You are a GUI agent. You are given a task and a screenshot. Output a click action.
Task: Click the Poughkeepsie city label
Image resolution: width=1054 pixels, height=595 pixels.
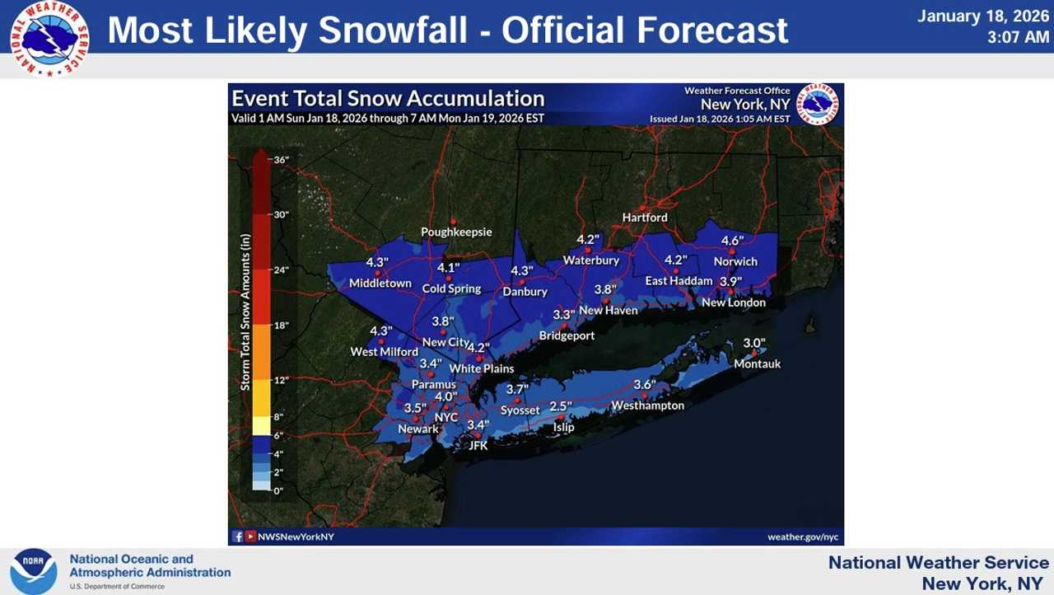tap(456, 232)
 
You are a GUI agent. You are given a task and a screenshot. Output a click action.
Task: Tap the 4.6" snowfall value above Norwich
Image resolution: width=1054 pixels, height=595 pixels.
tap(732, 241)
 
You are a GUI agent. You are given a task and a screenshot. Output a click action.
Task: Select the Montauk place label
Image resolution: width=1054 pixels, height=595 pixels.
tap(757, 363)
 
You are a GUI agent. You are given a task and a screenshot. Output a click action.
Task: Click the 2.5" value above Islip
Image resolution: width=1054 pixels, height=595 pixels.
tap(560, 406)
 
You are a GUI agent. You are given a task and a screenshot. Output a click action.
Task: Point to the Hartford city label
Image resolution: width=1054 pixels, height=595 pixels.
tap(645, 218)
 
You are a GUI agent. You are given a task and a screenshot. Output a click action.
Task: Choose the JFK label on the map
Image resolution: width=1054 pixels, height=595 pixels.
tap(478, 445)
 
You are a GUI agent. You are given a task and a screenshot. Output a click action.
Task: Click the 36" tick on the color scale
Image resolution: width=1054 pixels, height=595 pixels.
tap(281, 160)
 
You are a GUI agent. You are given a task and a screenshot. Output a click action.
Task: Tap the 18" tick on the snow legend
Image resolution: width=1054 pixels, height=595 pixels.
tap(281, 326)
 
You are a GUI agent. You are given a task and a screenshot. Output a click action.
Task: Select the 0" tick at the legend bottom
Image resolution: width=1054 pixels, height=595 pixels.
tap(278, 490)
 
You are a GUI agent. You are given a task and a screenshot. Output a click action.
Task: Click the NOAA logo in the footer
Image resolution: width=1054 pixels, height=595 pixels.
tap(34, 571)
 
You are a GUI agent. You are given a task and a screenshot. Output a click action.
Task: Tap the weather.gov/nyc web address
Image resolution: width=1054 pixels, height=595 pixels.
tap(802, 536)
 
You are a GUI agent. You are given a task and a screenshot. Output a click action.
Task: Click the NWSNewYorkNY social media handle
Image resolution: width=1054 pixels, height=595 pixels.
tap(295, 536)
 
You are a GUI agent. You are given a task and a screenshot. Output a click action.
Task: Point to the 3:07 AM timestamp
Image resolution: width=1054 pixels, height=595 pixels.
tap(1019, 37)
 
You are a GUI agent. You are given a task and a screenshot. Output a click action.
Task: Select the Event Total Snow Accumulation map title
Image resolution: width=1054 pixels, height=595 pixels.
tap(388, 99)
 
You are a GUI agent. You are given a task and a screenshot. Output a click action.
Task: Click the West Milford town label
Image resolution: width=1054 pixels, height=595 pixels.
tap(384, 352)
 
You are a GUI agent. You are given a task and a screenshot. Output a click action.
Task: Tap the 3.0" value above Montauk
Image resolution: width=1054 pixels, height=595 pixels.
tap(754, 343)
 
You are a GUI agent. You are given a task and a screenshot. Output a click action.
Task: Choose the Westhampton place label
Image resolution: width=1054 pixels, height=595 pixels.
tap(647, 405)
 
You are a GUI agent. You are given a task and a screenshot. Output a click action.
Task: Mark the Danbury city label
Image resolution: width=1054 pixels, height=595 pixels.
tap(525, 292)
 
